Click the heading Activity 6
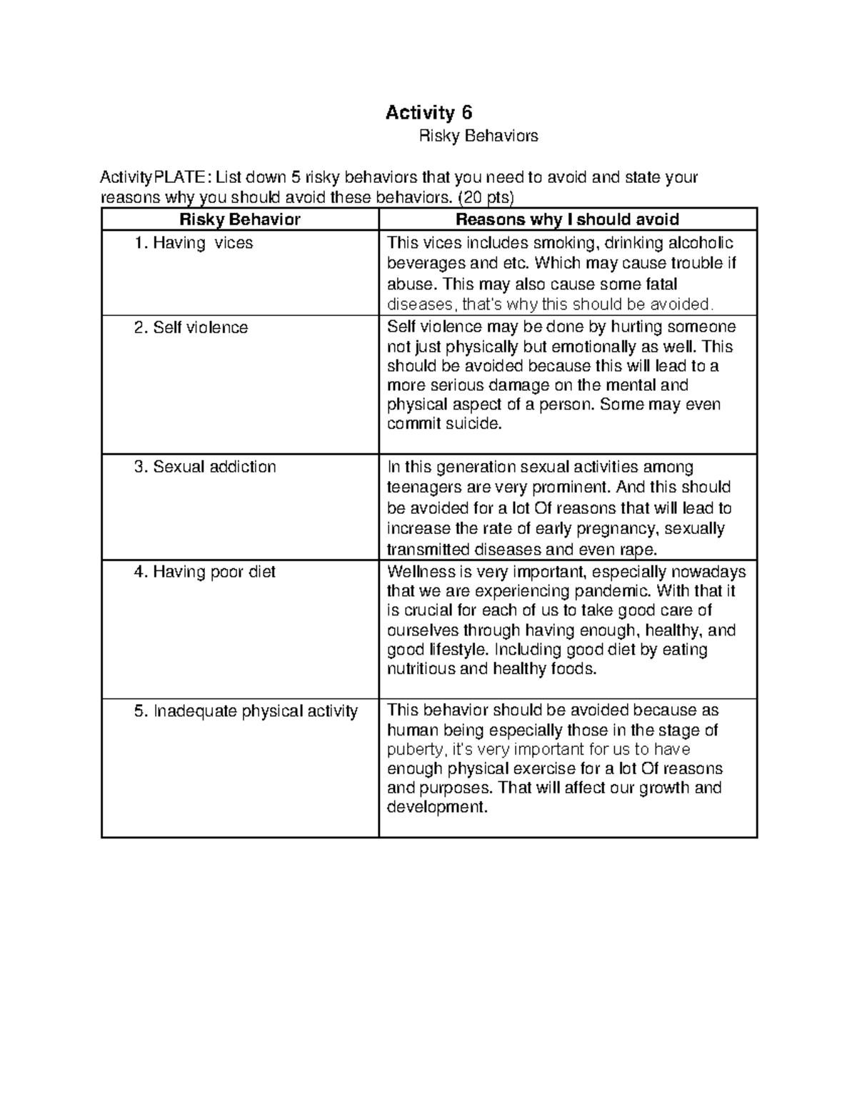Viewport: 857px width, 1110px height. tap(428, 113)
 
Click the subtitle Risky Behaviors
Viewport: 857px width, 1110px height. tap(478, 136)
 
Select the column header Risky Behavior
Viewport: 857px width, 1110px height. tap(240, 219)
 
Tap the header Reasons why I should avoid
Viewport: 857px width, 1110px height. tap(567, 219)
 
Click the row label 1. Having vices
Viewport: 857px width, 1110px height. tap(194, 243)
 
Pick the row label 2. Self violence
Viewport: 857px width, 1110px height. tap(191, 328)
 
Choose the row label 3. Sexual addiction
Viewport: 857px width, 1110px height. tap(205, 467)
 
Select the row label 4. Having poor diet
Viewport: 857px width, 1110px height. tap(205, 572)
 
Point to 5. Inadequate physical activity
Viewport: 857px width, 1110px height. tap(246, 711)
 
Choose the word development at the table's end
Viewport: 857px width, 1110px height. tap(436, 808)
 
